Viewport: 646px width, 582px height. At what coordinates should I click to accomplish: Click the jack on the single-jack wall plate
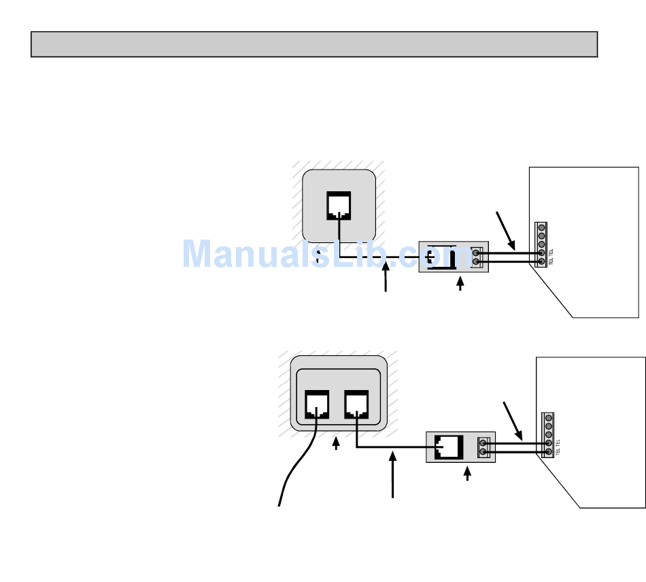[339, 206]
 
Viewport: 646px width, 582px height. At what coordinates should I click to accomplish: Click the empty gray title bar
[313, 44]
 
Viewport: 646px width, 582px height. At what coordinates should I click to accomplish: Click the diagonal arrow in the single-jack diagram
[507, 230]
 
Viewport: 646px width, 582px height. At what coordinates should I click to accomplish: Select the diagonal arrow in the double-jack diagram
[513, 420]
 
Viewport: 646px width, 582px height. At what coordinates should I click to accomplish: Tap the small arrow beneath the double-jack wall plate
[336, 444]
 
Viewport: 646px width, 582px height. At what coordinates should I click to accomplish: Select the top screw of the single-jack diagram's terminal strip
[541, 227]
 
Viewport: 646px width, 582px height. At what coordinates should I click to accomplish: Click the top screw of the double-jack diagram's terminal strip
[548, 417]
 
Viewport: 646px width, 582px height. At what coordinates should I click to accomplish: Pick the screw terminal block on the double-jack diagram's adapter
[483, 447]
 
